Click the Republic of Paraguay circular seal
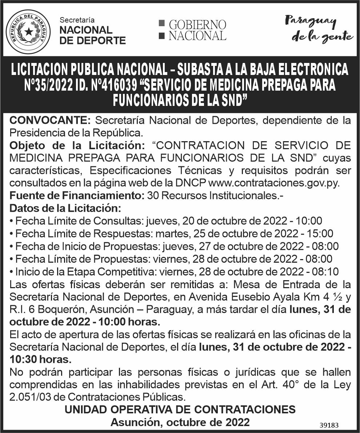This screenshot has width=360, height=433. pos(28,32)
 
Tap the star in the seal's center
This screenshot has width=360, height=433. pos(28,32)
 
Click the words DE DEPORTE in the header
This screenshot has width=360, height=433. pos(92,40)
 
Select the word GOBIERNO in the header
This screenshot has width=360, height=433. pos(197,25)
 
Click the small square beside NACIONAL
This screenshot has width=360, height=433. pos(162,36)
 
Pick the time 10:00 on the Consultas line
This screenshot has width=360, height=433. pos(309,221)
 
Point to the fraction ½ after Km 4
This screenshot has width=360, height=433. pos(337,297)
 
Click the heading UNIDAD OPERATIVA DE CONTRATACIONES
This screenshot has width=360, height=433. pos(180,409)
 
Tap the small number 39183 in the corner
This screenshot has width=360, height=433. pos(329,425)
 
